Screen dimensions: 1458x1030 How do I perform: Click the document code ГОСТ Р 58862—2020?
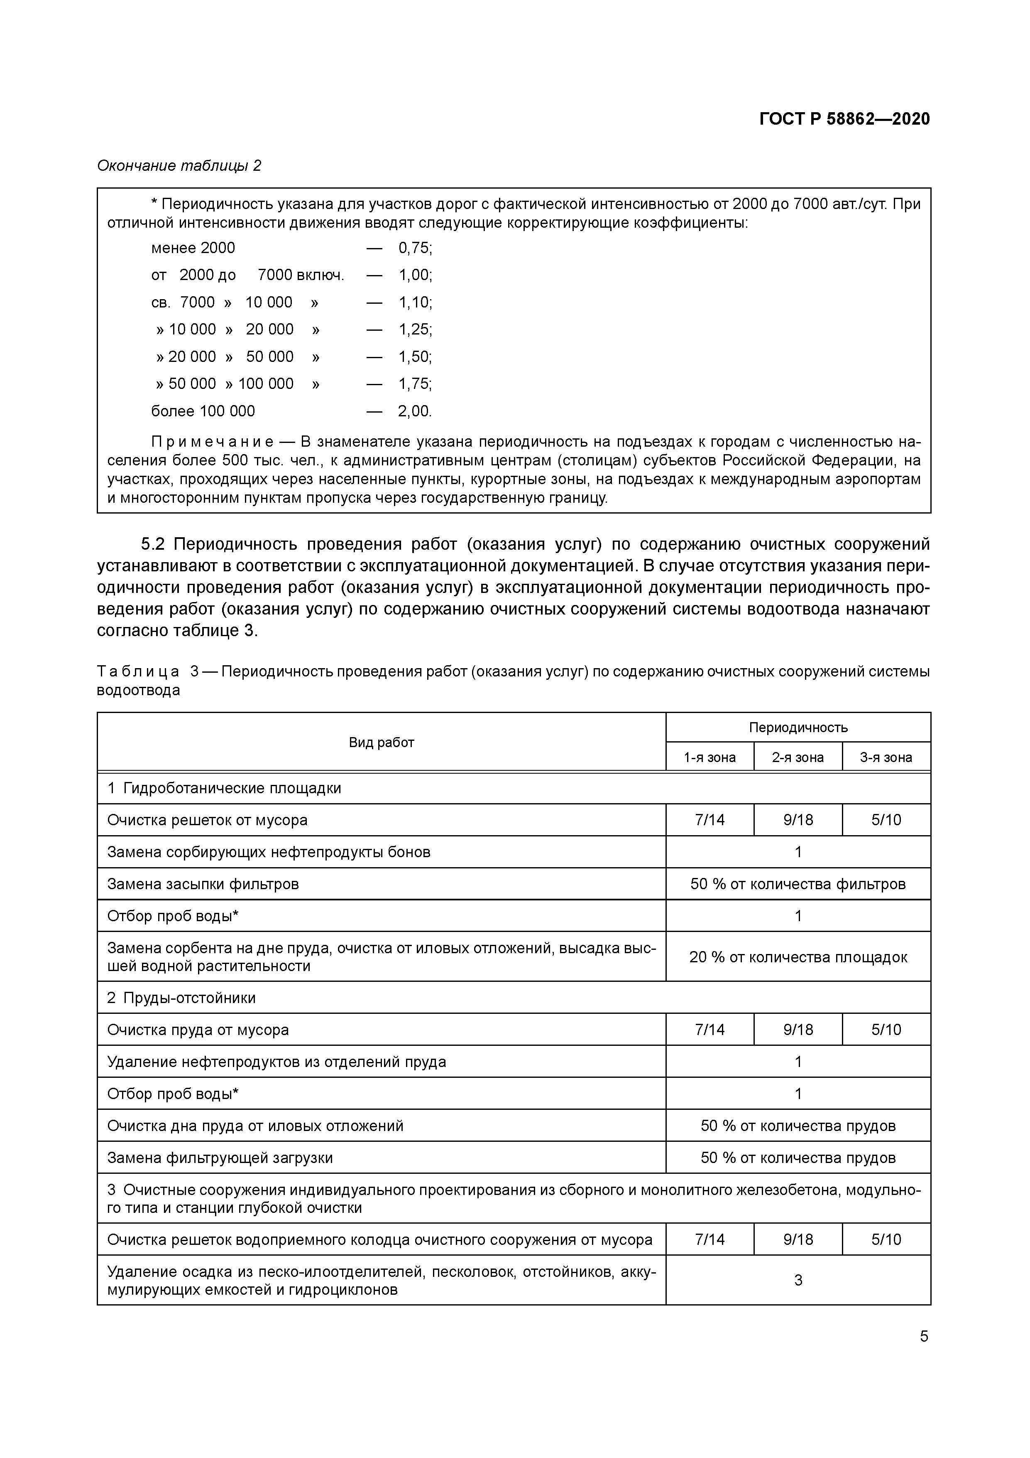tap(844, 119)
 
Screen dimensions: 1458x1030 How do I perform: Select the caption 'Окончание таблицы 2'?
tap(179, 166)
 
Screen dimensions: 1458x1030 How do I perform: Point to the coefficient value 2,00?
tap(414, 411)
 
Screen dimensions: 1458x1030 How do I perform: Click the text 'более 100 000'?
tap(203, 411)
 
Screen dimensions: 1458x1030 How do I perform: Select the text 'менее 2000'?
tap(193, 248)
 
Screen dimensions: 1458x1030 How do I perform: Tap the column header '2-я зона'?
tap(798, 757)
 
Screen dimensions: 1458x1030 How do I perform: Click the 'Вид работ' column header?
tap(382, 743)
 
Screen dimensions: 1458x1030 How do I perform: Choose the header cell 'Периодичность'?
tap(798, 727)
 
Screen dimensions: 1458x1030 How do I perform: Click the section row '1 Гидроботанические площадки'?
tap(224, 788)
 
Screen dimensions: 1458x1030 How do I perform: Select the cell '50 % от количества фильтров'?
tap(798, 883)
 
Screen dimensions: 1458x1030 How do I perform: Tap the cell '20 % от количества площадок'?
tap(798, 957)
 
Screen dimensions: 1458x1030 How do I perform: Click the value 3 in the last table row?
tap(798, 1280)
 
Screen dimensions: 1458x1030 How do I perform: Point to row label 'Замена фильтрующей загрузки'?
tap(220, 1158)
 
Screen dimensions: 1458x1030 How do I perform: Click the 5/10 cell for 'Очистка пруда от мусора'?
tap(886, 1029)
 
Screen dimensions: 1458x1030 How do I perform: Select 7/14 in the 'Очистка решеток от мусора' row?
tap(710, 820)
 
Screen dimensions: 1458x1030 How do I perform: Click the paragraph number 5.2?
tap(152, 544)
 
